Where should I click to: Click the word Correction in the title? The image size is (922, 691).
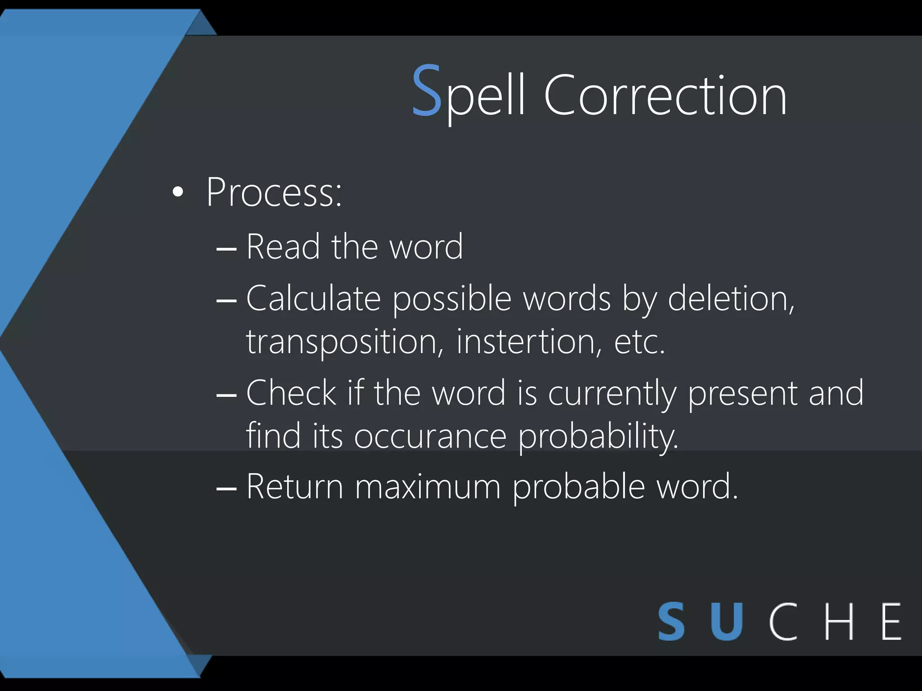(x=665, y=95)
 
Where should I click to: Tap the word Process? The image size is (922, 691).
(x=273, y=193)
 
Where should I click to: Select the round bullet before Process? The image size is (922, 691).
(x=178, y=193)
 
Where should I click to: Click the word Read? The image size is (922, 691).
(x=283, y=247)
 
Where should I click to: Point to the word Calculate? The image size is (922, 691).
(x=313, y=298)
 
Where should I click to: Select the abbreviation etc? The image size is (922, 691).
(x=639, y=342)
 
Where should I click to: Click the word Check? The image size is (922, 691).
(x=291, y=393)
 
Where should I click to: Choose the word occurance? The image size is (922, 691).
(x=430, y=436)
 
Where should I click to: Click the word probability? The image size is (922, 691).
(x=598, y=437)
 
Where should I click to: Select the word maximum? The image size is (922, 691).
(x=428, y=486)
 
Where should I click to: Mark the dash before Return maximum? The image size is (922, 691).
(x=226, y=488)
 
